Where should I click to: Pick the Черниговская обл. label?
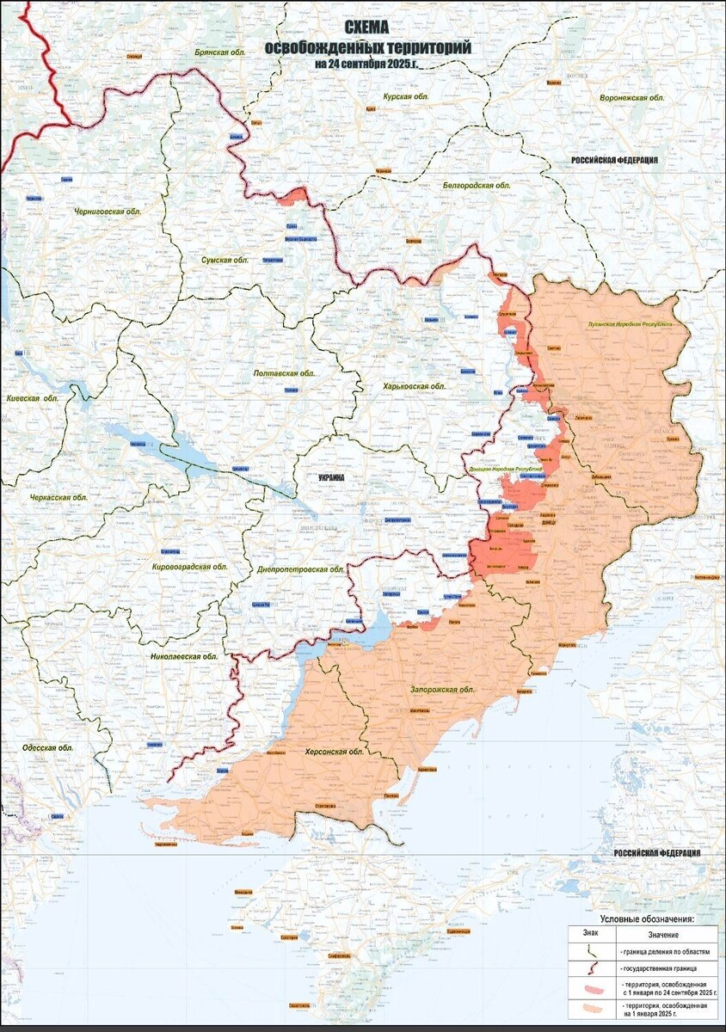point(108,211)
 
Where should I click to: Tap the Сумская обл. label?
point(218,260)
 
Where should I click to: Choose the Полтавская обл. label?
point(285,374)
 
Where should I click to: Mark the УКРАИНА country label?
point(331,477)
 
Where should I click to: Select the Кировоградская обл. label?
point(189,568)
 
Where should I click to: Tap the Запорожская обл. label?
point(442,690)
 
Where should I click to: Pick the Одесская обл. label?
point(49,748)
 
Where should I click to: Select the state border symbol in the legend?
point(591,967)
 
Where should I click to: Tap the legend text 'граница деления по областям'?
point(660,952)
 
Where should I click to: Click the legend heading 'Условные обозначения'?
point(645,918)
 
